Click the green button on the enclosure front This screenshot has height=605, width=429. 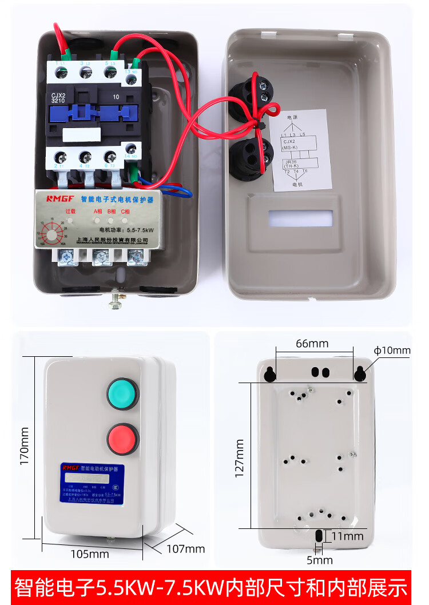[122, 394]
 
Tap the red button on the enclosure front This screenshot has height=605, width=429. [123, 439]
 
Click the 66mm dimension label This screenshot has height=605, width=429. [312, 344]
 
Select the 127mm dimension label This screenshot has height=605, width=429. [239, 458]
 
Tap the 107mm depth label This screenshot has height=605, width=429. [185, 548]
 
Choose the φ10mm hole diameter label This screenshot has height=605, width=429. [392, 350]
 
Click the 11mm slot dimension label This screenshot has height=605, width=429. [348, 536]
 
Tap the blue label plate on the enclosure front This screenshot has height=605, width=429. [92, 483]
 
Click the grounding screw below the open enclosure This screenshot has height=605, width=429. [118, 298]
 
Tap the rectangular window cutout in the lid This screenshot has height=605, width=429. [300, 218]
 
